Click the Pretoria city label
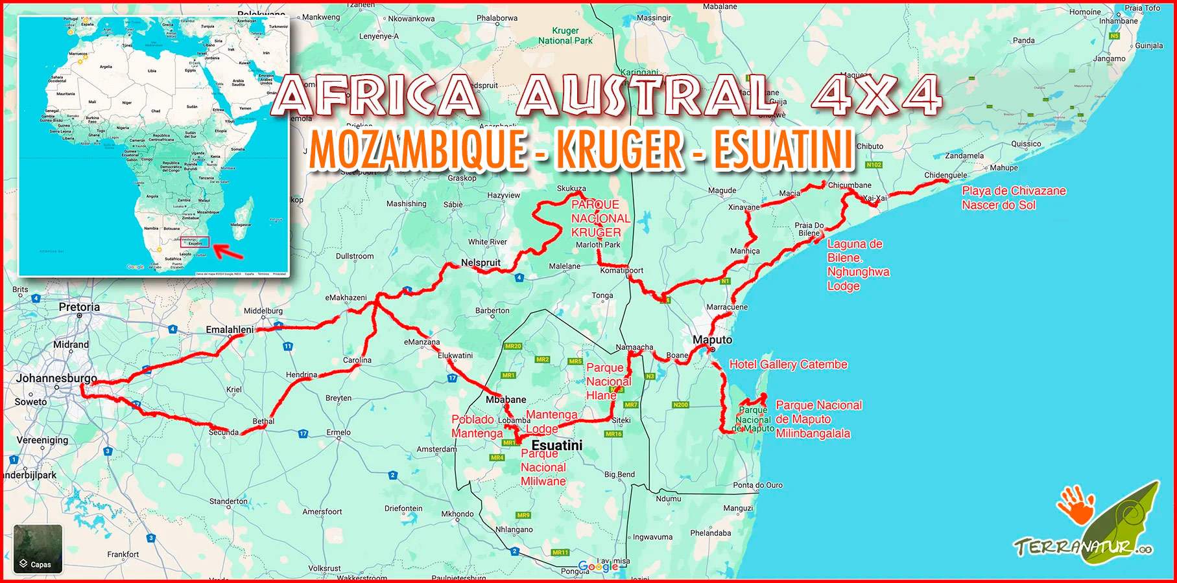click(79, 307)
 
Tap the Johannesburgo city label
click(56, 378)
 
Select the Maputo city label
click(712, 339)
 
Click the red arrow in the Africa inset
click(228, 251)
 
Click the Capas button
click(38, 549)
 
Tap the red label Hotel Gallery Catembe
click(788, 365)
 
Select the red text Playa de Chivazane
click(1014, 191)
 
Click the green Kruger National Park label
click(565, 36)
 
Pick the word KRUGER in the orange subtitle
click(620, 150)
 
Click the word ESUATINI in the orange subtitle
click(784, 150)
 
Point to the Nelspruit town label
click(481, 262)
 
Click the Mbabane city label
click(506, 400)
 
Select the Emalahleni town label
click(230, 330)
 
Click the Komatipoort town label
click(621, 270)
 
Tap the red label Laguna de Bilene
click(855, 251)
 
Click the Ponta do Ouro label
click(757, 485)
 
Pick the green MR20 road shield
click(513, 346)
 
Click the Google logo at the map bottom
click(598, 566)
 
